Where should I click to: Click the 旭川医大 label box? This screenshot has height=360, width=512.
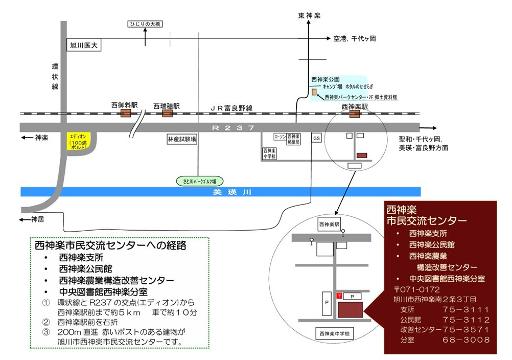[85, 45]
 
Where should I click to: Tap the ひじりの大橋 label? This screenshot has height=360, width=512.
[146, 24]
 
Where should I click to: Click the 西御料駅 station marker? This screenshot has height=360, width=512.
[125, 114]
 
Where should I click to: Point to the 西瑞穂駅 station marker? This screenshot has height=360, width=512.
[167, 114]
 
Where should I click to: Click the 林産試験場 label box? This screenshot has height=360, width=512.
[182, 139]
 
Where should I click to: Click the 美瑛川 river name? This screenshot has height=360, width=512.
[222, 193]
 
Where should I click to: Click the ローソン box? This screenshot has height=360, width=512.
[280, 137]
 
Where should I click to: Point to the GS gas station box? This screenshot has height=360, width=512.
[316, 139]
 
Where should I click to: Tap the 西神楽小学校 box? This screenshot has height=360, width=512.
[269, 154]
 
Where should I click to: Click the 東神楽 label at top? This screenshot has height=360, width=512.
[309, 16]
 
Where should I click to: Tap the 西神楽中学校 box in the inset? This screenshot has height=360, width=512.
[334, 333]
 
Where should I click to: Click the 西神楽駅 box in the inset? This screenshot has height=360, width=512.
[329, 224]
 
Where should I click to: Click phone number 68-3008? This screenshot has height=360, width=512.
[467, 340]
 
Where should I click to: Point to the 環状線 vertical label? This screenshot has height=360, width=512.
[55, 76]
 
